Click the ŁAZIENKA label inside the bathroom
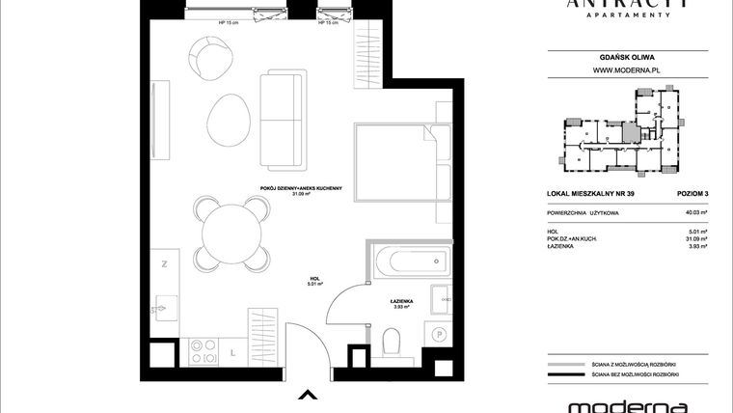(401, 302)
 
